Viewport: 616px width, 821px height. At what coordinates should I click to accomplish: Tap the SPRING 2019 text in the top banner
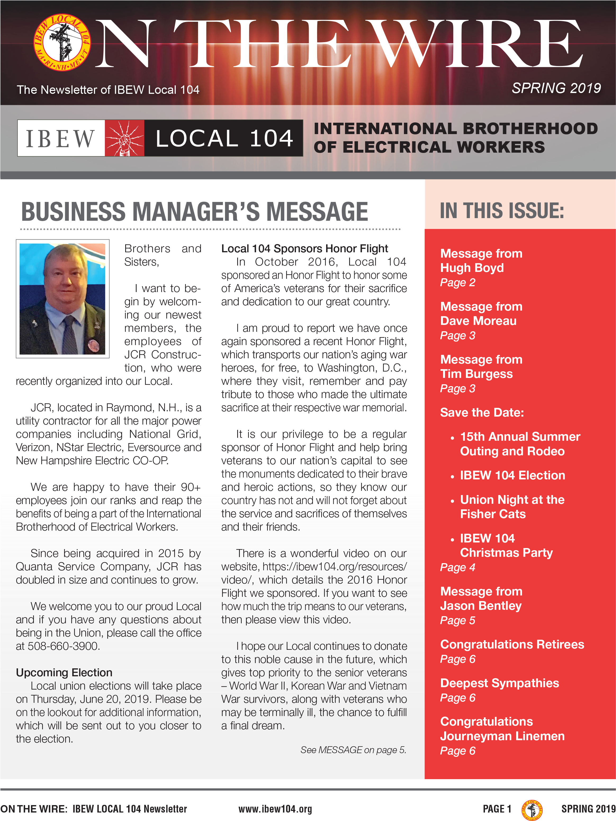(x=556, y=88)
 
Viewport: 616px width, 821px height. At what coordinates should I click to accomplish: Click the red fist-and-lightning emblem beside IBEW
(x=124, y=138)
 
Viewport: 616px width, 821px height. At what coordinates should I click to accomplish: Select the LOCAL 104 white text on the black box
(x=224, y=138)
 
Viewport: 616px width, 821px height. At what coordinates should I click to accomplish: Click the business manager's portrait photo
(x=62, y=299)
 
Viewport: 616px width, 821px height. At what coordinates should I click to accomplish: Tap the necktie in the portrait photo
(x=70, y=334)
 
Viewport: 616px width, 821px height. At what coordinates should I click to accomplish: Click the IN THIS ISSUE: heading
(x=502, y=211)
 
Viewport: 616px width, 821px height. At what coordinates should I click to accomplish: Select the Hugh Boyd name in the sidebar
(x=472, y=268)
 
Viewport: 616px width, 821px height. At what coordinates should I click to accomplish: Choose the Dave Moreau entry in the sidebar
(x=478, y=321)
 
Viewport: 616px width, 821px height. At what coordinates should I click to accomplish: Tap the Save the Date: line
(x=482, y=413)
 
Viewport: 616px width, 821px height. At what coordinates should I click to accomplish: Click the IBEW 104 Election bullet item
(x=512, y=475)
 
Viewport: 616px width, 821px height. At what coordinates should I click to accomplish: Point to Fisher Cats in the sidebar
(x=492, y=514)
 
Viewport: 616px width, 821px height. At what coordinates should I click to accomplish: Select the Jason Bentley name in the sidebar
(x=481, y=606)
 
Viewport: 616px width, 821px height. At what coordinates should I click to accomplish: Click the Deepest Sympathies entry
(x=499, y=683)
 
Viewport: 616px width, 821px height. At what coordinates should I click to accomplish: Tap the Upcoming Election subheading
(x=64, y=673)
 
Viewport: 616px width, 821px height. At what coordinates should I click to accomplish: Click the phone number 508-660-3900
(x=63, y=646)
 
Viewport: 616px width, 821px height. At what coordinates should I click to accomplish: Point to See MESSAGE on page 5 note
(x=353, y=750)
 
